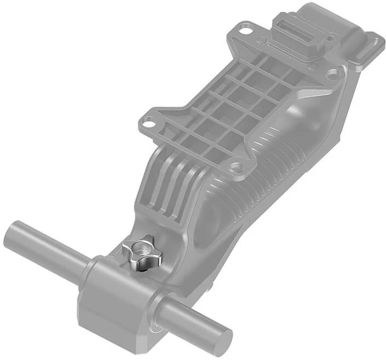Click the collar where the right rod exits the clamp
[159, 308]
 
